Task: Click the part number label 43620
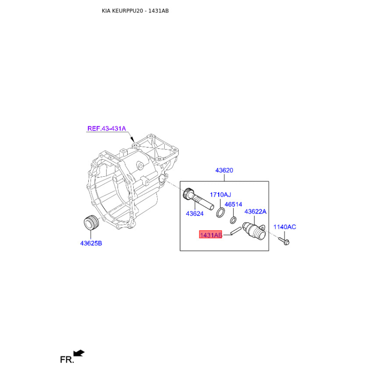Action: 224,170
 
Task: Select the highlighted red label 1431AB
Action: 211,234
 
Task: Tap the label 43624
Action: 195,214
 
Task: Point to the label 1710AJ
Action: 221,195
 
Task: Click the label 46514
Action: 234,204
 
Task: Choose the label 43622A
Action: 255,211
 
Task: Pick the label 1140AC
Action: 284,227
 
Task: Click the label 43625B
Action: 91,243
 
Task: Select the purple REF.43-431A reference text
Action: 107,129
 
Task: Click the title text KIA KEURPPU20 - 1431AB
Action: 135,11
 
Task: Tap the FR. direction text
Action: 67,360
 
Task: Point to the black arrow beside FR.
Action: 79,353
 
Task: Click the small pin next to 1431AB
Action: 236,231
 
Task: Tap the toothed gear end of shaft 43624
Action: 188,194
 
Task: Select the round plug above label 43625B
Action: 92,222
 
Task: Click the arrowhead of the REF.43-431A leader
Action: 132,140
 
